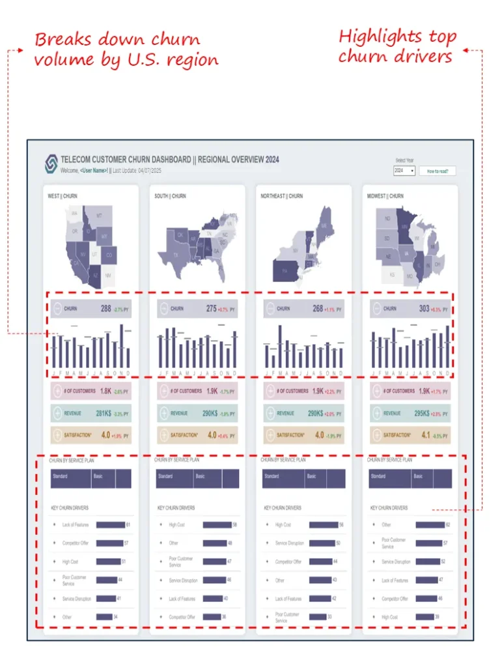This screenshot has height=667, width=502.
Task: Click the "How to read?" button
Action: (437, 171)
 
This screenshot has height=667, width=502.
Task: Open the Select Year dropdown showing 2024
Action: (404, 171)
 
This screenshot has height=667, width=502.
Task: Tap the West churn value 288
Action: (105, 309)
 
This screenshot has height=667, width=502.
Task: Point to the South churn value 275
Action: (212, 309)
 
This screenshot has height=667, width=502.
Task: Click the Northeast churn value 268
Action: (318, 309)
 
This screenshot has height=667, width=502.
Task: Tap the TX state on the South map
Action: (176, 255)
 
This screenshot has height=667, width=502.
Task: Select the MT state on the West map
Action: (99, 216)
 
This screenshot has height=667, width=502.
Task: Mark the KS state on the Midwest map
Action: (392, 275)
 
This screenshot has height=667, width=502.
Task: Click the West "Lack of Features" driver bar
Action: (110, 524)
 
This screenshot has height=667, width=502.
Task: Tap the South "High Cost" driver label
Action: (176, 524)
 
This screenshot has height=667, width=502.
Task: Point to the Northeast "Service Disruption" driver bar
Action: (322, 543)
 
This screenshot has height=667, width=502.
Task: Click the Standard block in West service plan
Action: (70, 478)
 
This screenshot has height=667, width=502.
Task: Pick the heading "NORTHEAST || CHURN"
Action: (281, 196)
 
